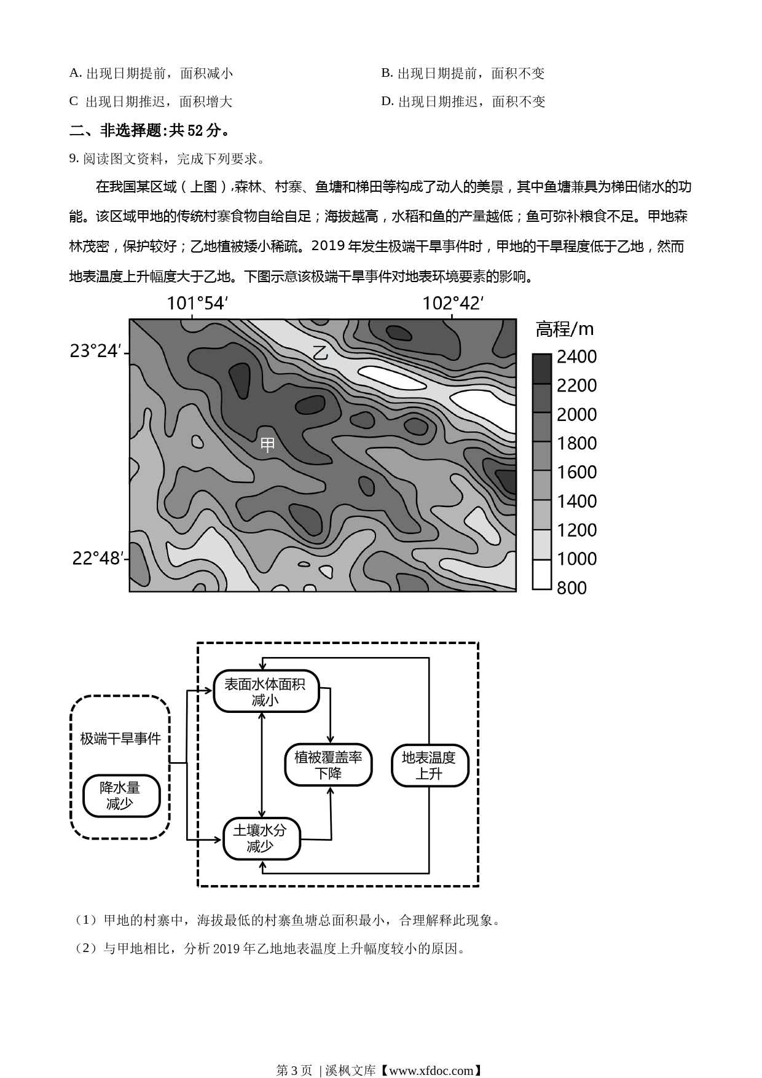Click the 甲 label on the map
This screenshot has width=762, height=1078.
tap(267, 444)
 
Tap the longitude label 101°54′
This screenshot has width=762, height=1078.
tap(198, 304)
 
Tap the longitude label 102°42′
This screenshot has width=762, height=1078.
tap(453, 304)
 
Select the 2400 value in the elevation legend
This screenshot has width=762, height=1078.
tap(576, 356)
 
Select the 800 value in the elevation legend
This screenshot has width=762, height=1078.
tap(571, 588)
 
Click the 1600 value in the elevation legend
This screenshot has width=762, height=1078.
tap(576, 472)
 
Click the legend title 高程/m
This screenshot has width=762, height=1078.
tap(565, 329)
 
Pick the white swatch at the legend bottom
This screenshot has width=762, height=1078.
tap(541, 574)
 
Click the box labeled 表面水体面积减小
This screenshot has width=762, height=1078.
tap(266, 691)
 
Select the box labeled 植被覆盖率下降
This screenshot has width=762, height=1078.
tap(328, 765)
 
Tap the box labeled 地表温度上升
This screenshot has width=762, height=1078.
tap(430, 765)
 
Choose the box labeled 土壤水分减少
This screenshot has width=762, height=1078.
tap(262, 838)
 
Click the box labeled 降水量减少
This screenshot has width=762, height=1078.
tap(121, 796)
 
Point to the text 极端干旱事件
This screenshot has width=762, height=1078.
tap(120, 739)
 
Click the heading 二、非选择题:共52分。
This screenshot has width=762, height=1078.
tap(151, 130)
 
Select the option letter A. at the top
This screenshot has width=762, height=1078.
tap(76, 73)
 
